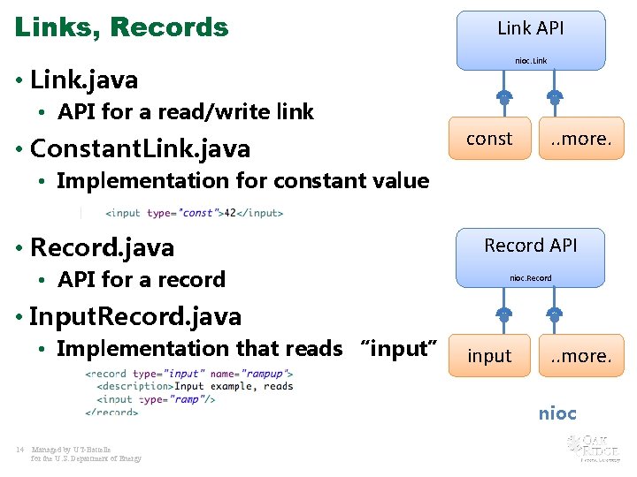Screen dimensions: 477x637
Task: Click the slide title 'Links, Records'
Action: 121,27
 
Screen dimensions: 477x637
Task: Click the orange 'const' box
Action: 489,139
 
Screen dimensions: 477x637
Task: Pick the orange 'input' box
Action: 489,356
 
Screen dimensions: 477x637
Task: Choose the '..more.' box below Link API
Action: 581,139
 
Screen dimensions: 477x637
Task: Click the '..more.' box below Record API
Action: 581,356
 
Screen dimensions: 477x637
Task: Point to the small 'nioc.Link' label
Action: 531,61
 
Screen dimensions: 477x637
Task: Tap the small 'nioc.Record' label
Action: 530,278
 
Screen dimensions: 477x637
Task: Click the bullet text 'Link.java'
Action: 84,80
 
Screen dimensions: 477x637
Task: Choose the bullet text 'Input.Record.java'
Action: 135,315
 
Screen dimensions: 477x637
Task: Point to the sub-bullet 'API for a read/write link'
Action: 186,112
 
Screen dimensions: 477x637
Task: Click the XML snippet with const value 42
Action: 194,213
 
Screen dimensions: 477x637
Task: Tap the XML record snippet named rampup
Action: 189,392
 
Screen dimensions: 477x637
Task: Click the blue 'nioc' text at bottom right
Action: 557,413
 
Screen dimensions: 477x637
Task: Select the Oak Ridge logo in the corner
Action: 590,447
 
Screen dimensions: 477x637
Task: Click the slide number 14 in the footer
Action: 19,450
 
